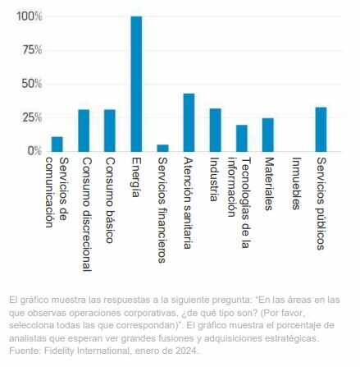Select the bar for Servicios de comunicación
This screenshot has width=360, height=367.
coord(57,144)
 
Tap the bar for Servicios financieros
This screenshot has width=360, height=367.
coord(162,148)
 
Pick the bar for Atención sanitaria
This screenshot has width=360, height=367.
coord(189,122)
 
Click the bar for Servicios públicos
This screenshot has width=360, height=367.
coord(321,129)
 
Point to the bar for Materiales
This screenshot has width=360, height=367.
coord(268,135)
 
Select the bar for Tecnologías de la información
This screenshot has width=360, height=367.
coord(242,138)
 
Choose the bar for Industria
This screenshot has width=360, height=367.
coord(215,130)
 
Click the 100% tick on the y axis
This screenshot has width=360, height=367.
coord(29,16)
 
